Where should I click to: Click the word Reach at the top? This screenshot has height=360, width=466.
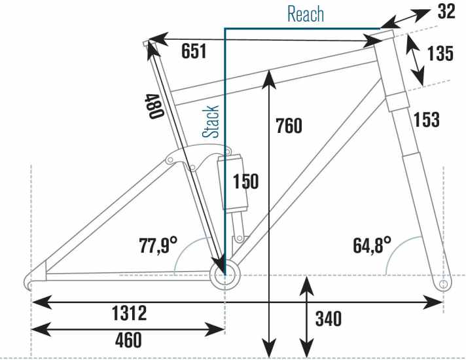pos(306,14)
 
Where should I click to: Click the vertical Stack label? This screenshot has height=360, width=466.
pos(211,121)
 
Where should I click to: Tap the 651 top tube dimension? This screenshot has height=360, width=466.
pos(194,51)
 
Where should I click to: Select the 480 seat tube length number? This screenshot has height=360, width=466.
pos(154,107)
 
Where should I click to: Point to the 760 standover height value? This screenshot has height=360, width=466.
pos(289,126)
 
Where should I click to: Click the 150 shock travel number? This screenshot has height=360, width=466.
pos(246,181)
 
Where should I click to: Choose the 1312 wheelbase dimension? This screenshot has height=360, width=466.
pos(130,313)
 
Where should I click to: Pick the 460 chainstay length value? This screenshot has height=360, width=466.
pos(128,340)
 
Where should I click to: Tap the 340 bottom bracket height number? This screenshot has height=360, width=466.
pos(329,319)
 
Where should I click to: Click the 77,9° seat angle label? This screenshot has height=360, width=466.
pos(158,245)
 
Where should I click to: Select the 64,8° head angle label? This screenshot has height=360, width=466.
pos(372,245)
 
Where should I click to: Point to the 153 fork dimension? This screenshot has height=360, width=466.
pos(427,120)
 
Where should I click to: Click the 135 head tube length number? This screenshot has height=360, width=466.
pos(440,54)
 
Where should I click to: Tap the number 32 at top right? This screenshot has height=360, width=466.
pos(446,12)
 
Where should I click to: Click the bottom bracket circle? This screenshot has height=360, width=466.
pos(225,276)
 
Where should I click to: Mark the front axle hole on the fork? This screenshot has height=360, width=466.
pos(443,284)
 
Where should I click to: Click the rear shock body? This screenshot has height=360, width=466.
pos(232,181)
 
